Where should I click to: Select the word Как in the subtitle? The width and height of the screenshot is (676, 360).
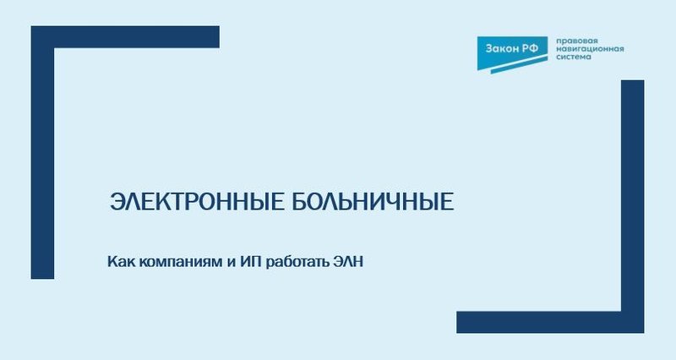tap(120, 262)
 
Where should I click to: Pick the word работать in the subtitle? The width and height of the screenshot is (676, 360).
tap(298, 262)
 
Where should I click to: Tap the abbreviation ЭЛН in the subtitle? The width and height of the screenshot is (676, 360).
tap(352, 262)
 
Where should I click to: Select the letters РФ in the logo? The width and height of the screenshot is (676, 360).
tap(530, 49)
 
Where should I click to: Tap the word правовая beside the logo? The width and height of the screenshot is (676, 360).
tap(574, 40)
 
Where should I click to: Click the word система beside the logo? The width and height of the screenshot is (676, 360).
tap(572, 58)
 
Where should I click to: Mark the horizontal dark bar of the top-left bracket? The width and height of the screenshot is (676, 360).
tap(135, 37)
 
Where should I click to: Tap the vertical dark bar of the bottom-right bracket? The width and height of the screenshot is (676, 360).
tap(633, 194)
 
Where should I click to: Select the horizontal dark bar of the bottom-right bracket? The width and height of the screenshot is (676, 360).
tap(541, 322)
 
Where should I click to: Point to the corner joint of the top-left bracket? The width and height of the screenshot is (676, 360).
tap(42, 37)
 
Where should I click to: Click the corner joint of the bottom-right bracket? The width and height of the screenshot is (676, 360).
tap(633, 322)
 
